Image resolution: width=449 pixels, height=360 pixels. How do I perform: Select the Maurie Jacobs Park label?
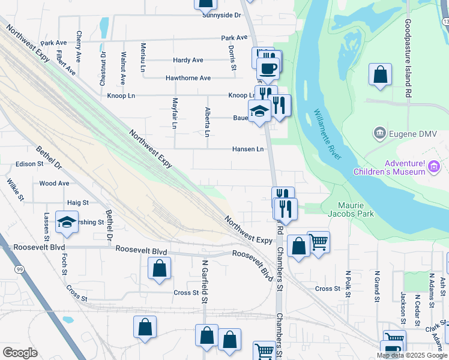click(x=351, y=209)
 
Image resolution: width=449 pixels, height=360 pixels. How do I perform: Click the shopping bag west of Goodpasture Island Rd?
click(x=381, y=76)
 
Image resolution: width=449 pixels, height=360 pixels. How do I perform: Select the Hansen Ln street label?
click(x=248, y=149)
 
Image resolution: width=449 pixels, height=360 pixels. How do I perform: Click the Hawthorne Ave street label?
click(x=188, y=78)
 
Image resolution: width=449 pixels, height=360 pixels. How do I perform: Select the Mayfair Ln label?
click(x=175, y=113)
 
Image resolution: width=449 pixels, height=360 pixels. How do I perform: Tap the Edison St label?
click(x=30, y=163)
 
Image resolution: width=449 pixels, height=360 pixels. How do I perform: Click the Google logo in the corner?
click(x=20, y=353)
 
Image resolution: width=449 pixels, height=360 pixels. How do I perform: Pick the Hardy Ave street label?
click(x=188, y=60)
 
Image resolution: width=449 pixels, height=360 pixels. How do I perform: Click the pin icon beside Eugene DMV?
click(x=379, y=133)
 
